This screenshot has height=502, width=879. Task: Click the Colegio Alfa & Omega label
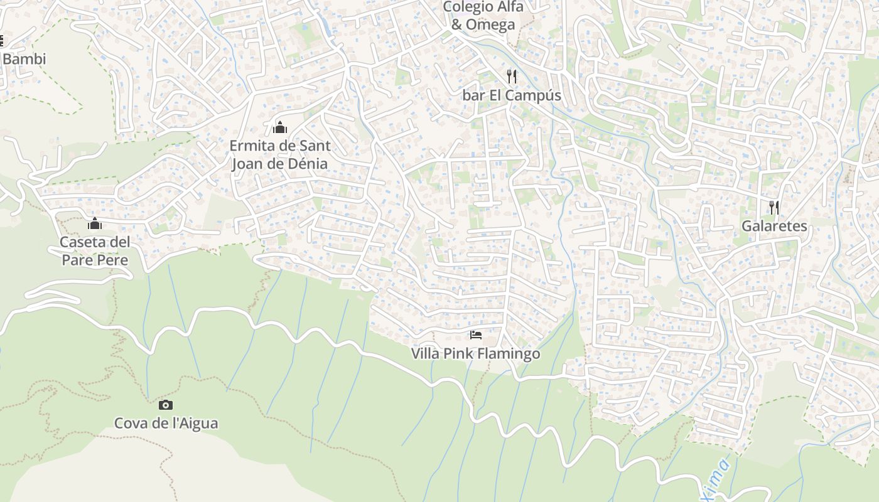point(483,16)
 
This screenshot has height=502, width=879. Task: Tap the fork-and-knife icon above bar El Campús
point(512,77)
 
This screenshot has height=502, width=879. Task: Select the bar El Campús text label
point(512,95)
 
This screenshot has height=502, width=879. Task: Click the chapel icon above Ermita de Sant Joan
point(280,127)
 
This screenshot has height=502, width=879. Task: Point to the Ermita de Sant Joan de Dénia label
point(279,154)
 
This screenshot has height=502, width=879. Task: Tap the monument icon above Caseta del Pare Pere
point(95,223)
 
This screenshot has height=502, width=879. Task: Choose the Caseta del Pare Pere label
point(95,251)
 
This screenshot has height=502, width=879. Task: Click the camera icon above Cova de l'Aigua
point(166,405)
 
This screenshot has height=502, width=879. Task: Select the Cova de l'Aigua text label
point(166,423)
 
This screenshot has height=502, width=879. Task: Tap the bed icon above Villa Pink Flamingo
point(476,335)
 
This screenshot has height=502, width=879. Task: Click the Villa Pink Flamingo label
point(475,354)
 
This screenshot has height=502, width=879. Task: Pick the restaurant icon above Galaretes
point(774,207)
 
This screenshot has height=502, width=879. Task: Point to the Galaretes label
point(774,226)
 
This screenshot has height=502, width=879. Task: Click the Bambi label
point(24,59)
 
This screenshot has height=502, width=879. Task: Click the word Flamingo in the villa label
point(509,354)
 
